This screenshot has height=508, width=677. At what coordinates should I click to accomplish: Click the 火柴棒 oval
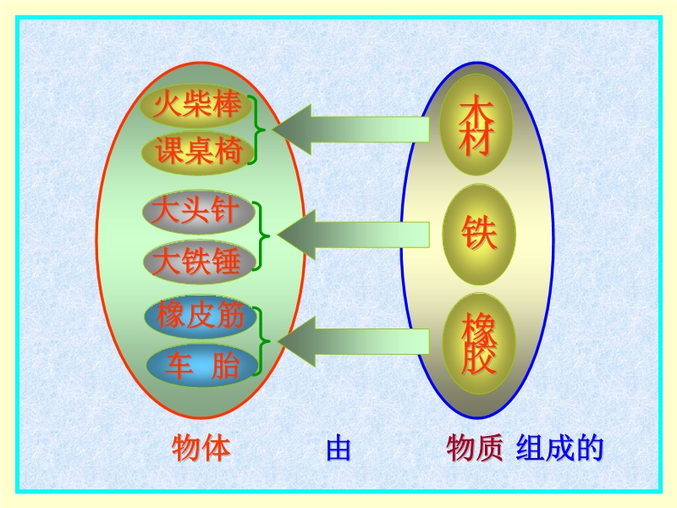(x=196, y=105)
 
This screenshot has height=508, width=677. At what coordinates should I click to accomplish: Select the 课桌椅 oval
(x=197, y=152)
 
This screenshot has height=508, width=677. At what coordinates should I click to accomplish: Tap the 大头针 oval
(x=199, y=213)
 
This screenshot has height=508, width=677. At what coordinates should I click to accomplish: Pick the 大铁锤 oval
(x=200, y=262)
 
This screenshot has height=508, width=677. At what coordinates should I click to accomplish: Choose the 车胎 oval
(x=202, y=366)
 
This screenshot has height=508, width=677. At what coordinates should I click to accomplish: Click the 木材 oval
(x=476, y=124)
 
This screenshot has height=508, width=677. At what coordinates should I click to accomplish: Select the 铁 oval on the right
(x=479, y=235)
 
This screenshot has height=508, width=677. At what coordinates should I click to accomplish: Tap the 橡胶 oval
(x=479, y=344)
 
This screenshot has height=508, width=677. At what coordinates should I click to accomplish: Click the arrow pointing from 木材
(x=350, y=130)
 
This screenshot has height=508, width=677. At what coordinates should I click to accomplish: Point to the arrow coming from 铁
(x=353, y=235)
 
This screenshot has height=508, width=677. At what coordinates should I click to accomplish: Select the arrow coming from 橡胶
(x=353, y=342)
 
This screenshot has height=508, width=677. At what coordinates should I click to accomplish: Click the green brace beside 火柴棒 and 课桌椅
(x=257, y=130)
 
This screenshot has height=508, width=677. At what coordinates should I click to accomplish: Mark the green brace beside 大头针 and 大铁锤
(x=261, y=236)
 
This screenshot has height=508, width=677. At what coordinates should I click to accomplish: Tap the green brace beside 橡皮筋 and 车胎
(x=261, y=341)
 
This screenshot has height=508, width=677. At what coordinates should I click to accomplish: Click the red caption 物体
(x=201, y=449)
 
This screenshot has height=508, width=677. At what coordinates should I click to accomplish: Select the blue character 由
(x=338, y=449)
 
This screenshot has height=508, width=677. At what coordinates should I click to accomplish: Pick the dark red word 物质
(x=474, y=449)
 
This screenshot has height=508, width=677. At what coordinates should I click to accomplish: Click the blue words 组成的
(x=559, y=449)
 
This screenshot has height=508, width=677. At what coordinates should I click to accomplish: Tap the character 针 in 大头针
(x=224, y=211)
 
